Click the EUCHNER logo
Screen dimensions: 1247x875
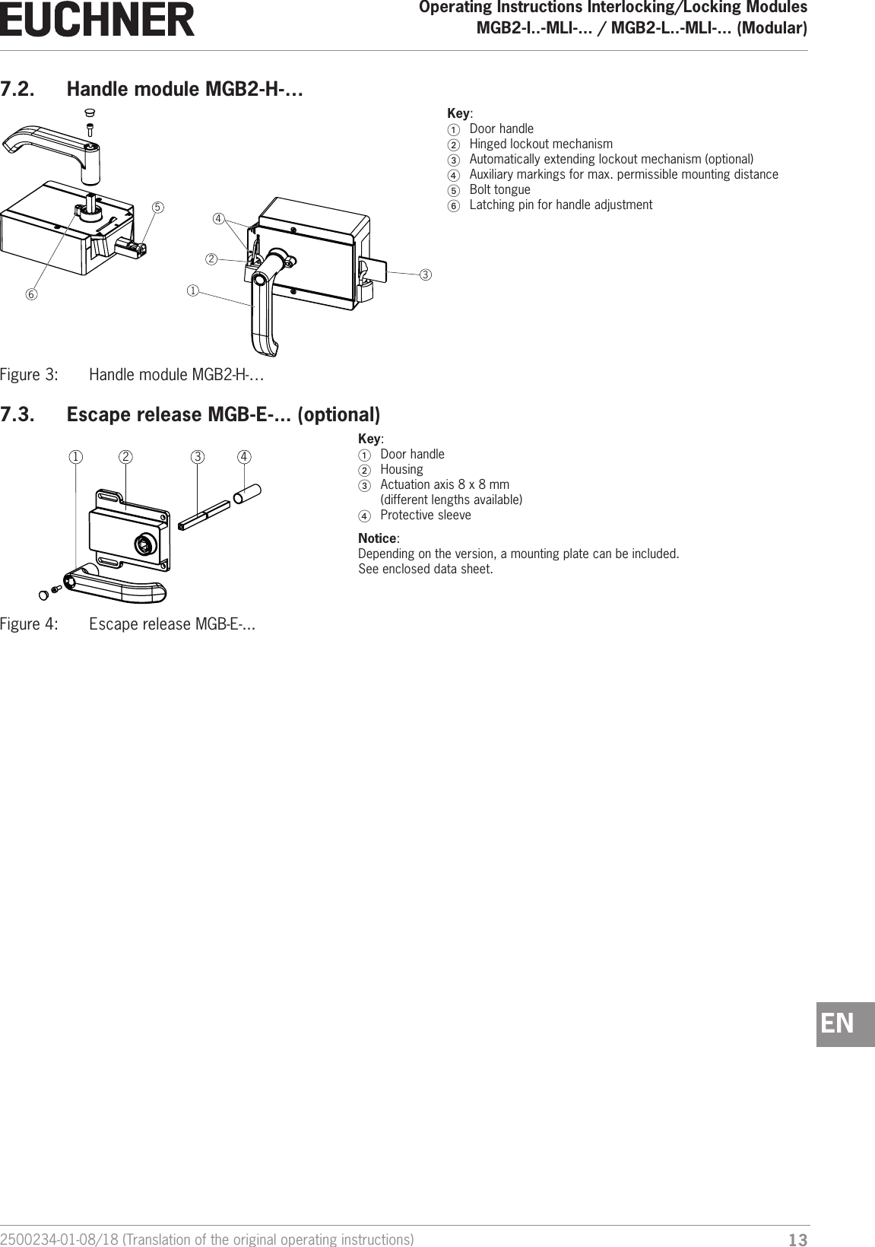pos(97,20)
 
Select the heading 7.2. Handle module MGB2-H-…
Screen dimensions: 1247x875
pos(152,90)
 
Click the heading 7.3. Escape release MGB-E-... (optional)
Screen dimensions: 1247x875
pos(190,415)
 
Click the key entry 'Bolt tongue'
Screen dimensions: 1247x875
pos(499,189)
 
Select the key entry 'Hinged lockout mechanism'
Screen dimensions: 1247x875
pos(541,144)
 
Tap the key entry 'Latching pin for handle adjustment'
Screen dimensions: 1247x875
pos(560,205)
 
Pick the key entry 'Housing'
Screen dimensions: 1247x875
pos(401,469)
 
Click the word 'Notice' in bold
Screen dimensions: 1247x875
pos(377,538)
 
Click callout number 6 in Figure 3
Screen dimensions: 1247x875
pos(32,294)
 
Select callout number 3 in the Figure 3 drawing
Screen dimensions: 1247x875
pos(426,274)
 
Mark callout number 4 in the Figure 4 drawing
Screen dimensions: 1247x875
pos(244,457)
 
